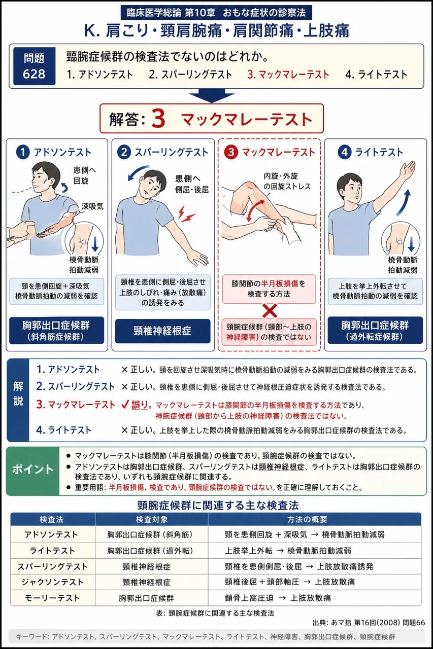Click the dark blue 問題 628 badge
(x=34, y=66)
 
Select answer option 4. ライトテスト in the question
(x=376, y=75)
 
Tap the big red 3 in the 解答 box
(x=158, y=119)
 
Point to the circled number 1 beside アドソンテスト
(x=23, y=152)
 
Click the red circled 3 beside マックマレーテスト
(x=231, y=152)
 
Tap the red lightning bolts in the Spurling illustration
(x=186, y=213)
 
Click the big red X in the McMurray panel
(x=270, y=311)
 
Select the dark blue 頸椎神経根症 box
(x=163, y=331)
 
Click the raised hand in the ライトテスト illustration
(x=409, y=169)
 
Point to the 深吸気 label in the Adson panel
(x=92, y=206)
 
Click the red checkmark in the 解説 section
(x=125, y=405)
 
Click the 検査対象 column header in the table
(x=152, y=520)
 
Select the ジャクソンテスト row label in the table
(x=52, y=582)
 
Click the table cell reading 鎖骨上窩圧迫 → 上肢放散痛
(x=278, y=598)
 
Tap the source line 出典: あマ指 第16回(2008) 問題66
(x=369, y=623)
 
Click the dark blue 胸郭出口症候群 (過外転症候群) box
(x=375, y=330)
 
